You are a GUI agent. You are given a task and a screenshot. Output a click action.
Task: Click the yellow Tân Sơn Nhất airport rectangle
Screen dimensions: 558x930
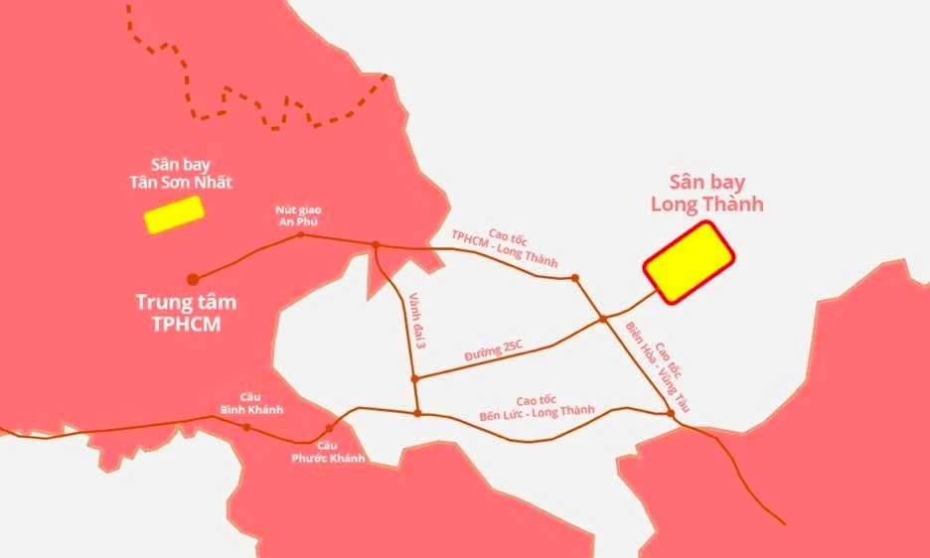[x=174, y=214]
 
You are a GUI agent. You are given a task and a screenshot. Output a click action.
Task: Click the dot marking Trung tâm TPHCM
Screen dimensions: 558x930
[x=193, y=279]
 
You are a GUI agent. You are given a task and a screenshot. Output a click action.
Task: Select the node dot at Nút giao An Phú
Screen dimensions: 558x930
[x=301, y=235]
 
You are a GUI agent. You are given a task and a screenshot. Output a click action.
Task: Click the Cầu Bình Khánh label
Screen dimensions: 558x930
[x=252, y=403]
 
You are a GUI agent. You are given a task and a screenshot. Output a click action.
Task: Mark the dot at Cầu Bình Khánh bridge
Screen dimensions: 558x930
[x=246, y=427]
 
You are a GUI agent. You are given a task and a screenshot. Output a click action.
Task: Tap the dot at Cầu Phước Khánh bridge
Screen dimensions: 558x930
[x=328, y=430]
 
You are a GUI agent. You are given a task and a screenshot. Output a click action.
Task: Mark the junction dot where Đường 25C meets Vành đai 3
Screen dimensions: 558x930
[x=415, y=378]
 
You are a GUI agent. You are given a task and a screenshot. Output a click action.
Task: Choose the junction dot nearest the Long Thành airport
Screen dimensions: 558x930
[x=602, y=319]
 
